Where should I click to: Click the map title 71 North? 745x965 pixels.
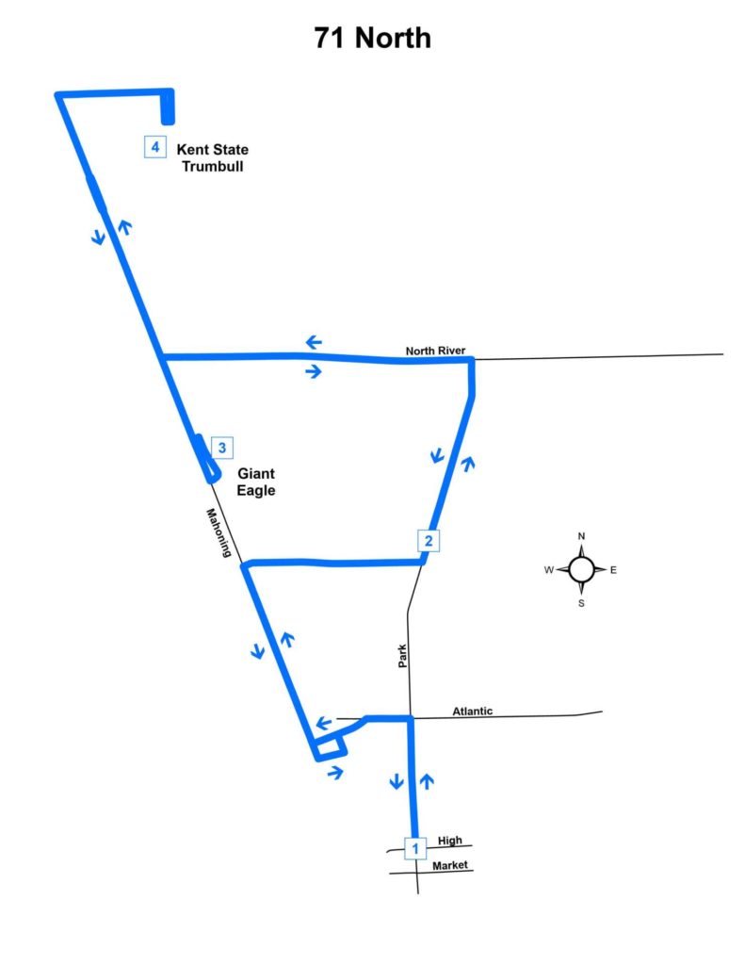372,38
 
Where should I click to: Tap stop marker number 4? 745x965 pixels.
155,147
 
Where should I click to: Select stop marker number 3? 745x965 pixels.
222,448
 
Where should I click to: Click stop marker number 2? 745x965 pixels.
429,540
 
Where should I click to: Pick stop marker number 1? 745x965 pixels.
415,848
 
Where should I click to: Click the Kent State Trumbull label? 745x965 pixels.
213,157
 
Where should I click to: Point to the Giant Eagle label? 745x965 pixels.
256,482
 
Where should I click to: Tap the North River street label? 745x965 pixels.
435,351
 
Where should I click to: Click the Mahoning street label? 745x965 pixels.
219,533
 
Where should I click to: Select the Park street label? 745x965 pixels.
402,656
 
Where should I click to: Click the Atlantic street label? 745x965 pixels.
473,711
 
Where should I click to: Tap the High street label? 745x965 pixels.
449,840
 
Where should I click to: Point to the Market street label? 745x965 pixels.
449,865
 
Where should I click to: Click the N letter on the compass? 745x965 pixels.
581,536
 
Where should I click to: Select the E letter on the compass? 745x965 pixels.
613,570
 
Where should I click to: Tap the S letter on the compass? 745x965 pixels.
581,603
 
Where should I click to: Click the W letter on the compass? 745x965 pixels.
549,570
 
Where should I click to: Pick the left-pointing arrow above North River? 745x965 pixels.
314,342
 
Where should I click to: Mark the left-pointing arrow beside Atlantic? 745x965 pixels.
324,723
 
